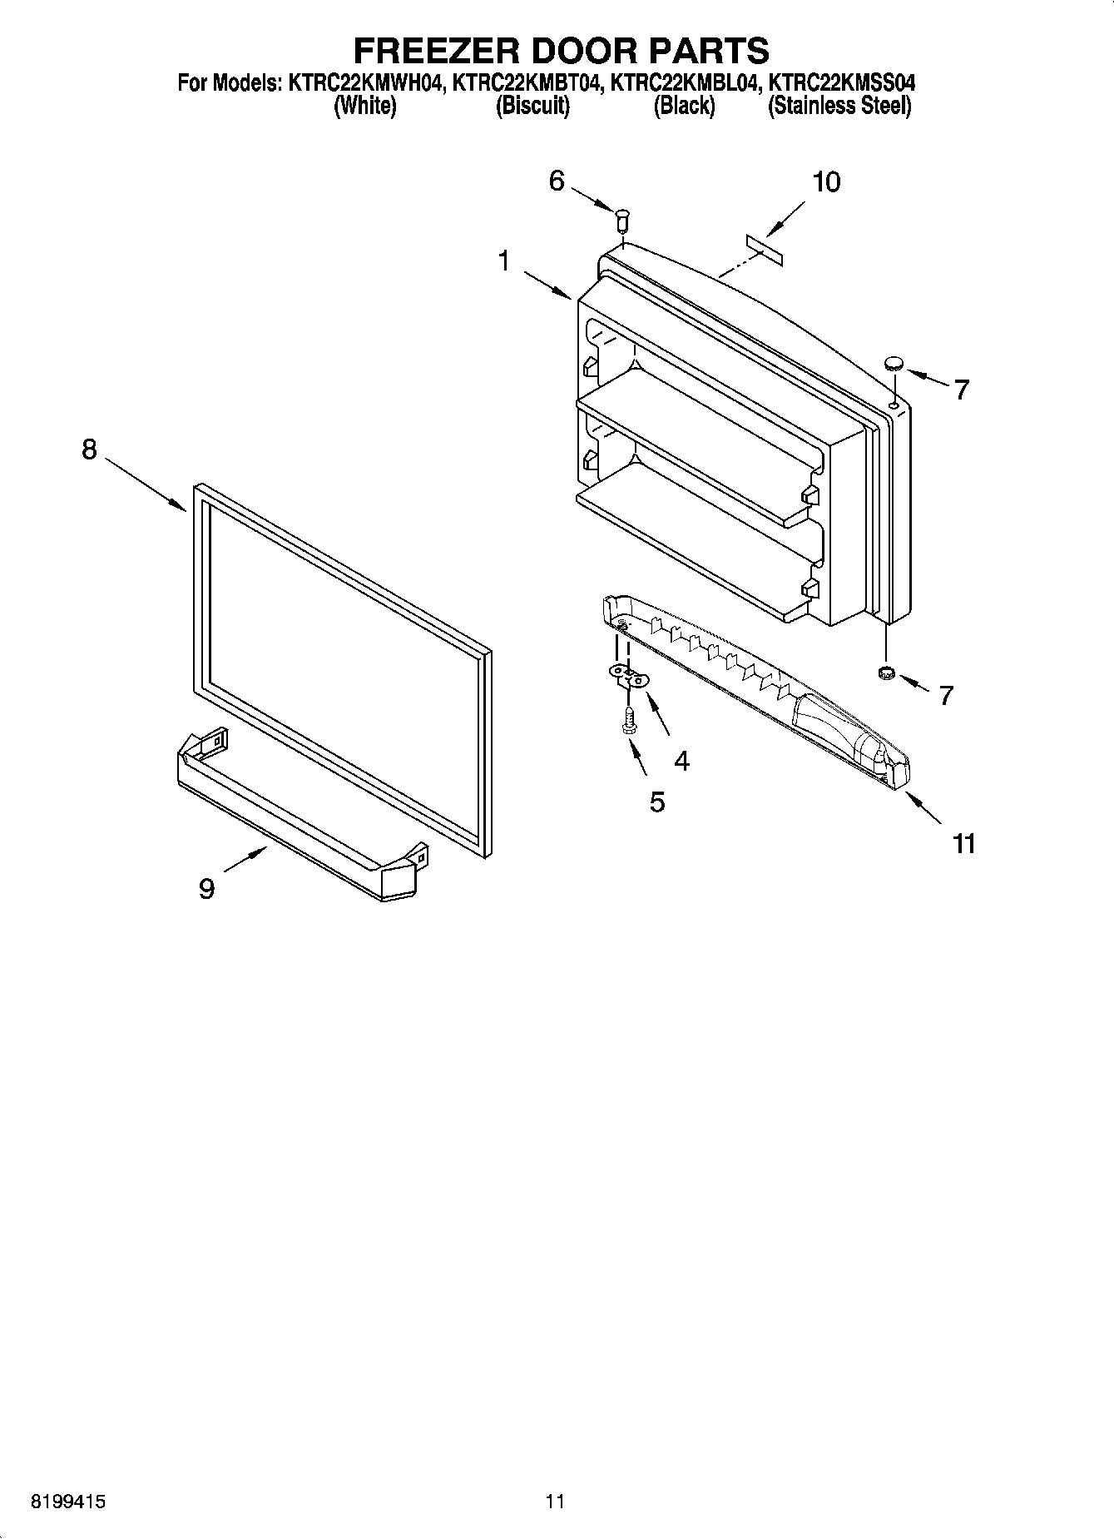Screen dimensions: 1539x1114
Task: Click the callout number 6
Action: pos(557,180)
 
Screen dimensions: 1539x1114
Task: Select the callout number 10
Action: pos(825,181)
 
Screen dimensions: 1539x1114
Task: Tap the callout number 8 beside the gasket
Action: pos(89,449)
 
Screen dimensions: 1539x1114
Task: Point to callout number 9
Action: pos(207,889)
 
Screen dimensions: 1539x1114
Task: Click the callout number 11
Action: pos(963,843)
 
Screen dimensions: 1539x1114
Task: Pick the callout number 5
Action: pos(657,802)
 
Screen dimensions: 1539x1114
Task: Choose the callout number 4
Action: pos(681,760)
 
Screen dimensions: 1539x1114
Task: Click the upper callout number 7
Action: pos(962,389)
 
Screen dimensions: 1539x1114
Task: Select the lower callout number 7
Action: pos(946,695)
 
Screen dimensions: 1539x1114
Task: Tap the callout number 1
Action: pos(503,261)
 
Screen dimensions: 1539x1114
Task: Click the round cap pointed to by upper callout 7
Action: pos(894,363)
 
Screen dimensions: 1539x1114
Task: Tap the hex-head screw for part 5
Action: pos(629,721)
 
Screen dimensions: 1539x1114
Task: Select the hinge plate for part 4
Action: pos(629,675)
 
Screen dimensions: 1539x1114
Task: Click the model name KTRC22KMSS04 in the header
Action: pos(841,83)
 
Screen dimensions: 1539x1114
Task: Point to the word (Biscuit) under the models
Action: pos(532,107)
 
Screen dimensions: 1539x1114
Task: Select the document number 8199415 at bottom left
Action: pos(69,1502)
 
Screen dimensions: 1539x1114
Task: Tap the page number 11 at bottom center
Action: pos(555,1502)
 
